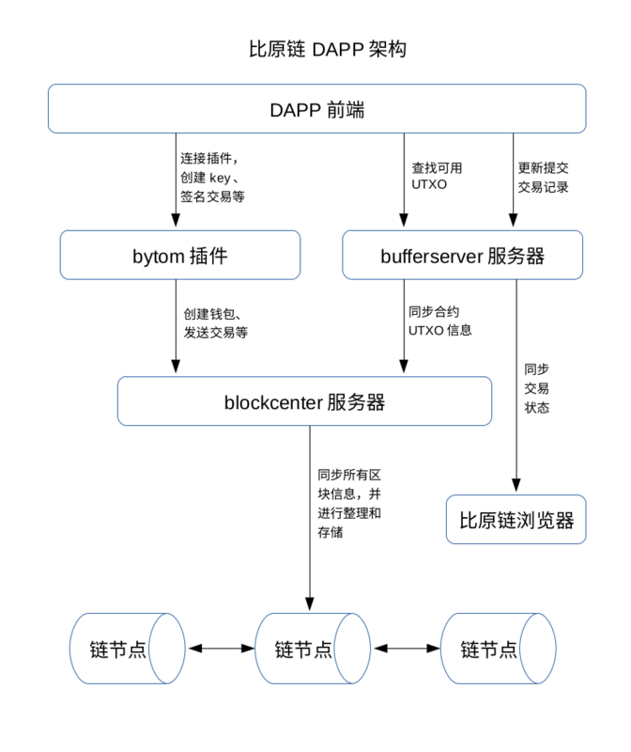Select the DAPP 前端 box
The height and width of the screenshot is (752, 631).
[316, 109]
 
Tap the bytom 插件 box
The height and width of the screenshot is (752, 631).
[180, 256]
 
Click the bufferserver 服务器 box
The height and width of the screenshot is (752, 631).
[462, 256]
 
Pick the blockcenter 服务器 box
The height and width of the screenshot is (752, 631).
[304, 402]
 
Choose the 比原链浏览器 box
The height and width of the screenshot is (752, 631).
[516, 520]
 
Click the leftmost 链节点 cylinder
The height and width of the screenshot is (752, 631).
[126, 649]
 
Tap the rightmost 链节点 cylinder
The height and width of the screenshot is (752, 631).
[497, 649]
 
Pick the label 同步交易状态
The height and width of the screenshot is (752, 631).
[537, 388]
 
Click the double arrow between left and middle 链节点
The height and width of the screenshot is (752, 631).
[221, 649]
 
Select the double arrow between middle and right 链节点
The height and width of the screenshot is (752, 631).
[406, 649]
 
